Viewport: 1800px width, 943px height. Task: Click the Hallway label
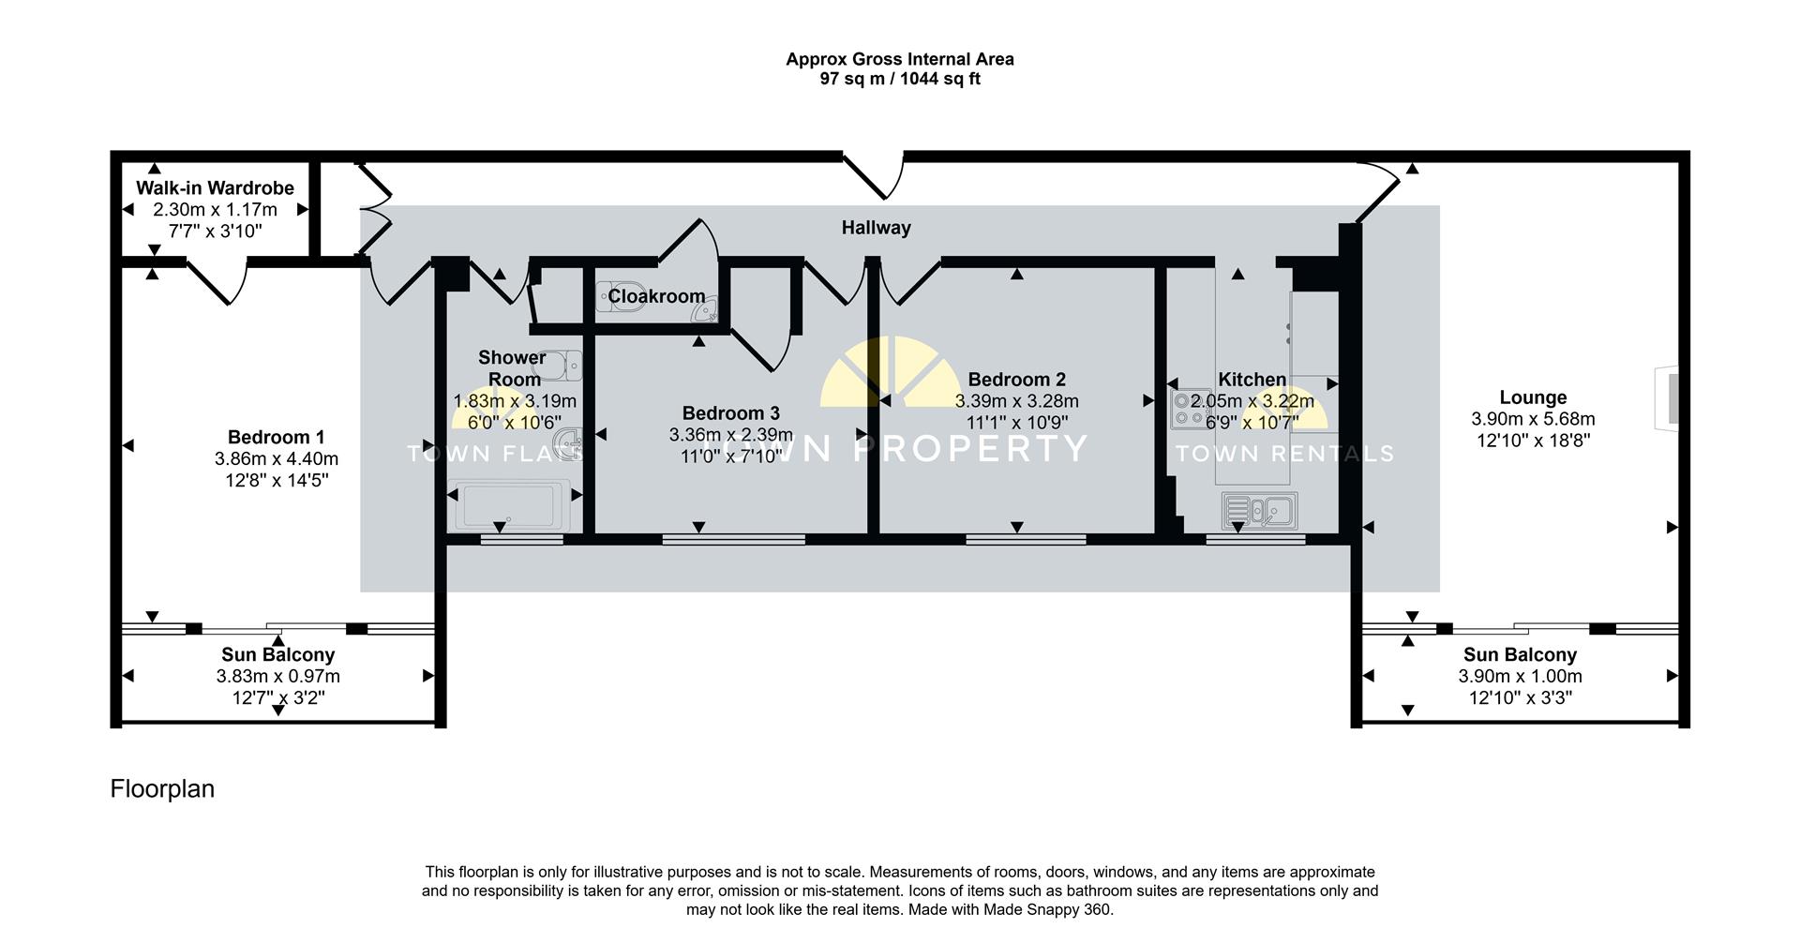pyautogui.click(x=876, y=228)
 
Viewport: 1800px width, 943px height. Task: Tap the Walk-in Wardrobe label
pyautogui.click(x=215, y=188)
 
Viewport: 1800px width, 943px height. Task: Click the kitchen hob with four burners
pyautogui.click(x=1190, y=409)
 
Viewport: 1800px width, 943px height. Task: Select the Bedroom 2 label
pyautogui.click(x=1016, y=380)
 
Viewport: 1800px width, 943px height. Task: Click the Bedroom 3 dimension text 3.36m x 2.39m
pyautogui.click(x=730, y=435)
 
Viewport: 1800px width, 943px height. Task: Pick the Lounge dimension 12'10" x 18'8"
pyautogui.click(x=1533, y=441)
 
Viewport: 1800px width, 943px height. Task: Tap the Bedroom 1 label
pyautogui.click(x=276, y=438)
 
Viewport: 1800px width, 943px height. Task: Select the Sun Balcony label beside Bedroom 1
pyautogui.click(x=277, y=655)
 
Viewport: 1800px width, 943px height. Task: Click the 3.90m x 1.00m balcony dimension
pyautogui.click(x=1520, y=677)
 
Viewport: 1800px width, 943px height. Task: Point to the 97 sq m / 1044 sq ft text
pyautogui.click(x=899, y=80)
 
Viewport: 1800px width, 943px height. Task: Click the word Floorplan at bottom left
pyautogui.click(x=162, y=789)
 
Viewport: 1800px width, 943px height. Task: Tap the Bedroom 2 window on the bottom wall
pyautogui.click(x=1026, y=539)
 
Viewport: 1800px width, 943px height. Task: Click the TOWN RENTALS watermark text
pyautogui.click(x=1283, y=455)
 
